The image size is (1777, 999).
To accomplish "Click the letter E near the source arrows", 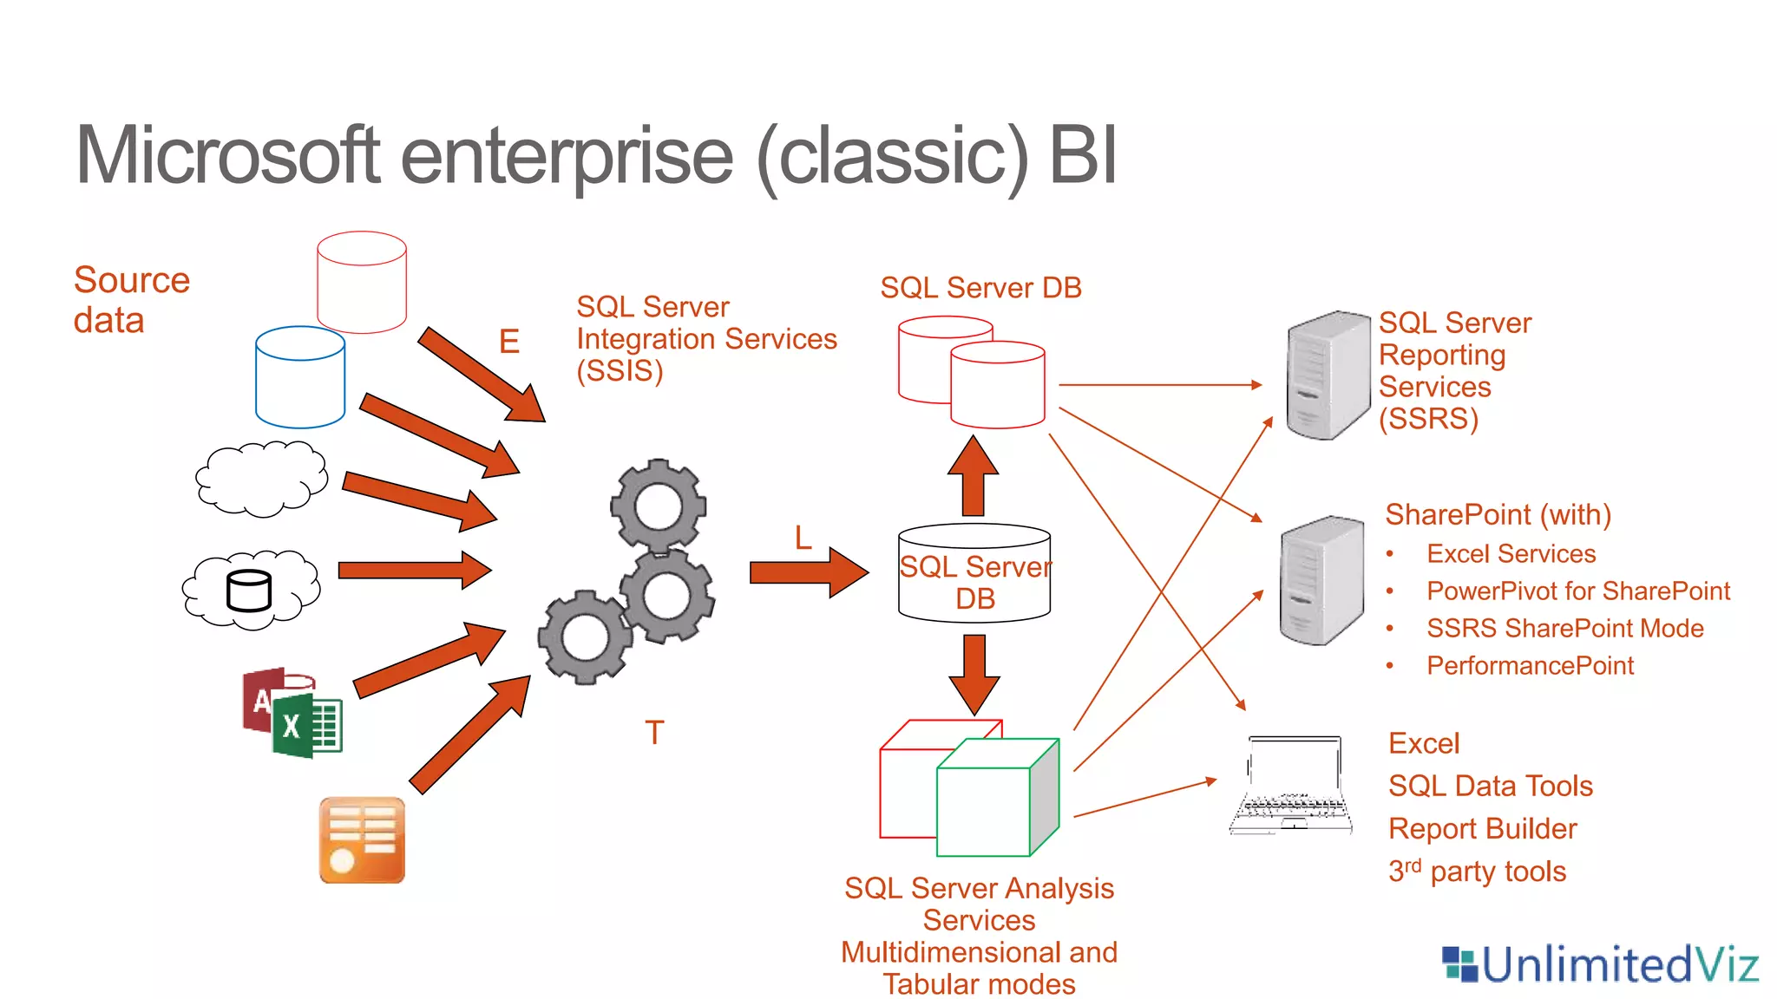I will tap(509, 342).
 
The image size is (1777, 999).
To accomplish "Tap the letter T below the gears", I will tap(654, 734).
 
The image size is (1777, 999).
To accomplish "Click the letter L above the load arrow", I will tap(803, 539).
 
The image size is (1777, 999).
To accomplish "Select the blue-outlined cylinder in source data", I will tap(300, 378).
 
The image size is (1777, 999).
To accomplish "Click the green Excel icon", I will tap(308, 726).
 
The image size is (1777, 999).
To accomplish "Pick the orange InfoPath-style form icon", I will tap(362, 840).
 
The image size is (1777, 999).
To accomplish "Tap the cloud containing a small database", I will tap(251, 589).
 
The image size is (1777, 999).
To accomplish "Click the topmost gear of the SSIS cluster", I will tap(659, 506).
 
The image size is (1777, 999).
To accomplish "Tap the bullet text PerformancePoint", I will tap(1530, 666).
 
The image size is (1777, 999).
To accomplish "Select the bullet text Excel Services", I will tap(1511, 554).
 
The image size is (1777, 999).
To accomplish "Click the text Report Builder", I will tap(1482, 829).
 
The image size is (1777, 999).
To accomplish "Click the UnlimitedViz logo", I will tap(1599, 964).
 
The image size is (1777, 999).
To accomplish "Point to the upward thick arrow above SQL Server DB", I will tap(974, 477).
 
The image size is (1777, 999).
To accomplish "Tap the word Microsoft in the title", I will tap(227, 156).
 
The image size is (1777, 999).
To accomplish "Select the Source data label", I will tap(130, 300).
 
